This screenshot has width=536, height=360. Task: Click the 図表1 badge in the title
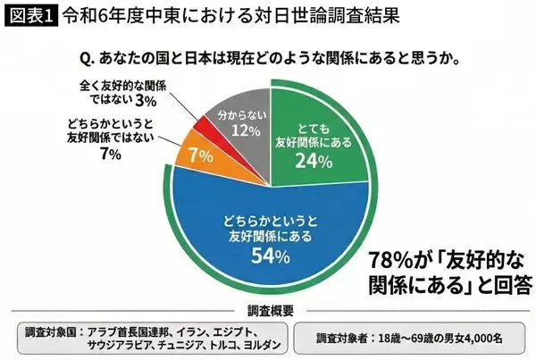(x=29, y=15)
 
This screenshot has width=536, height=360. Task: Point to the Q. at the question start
(x=88, y=59)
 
